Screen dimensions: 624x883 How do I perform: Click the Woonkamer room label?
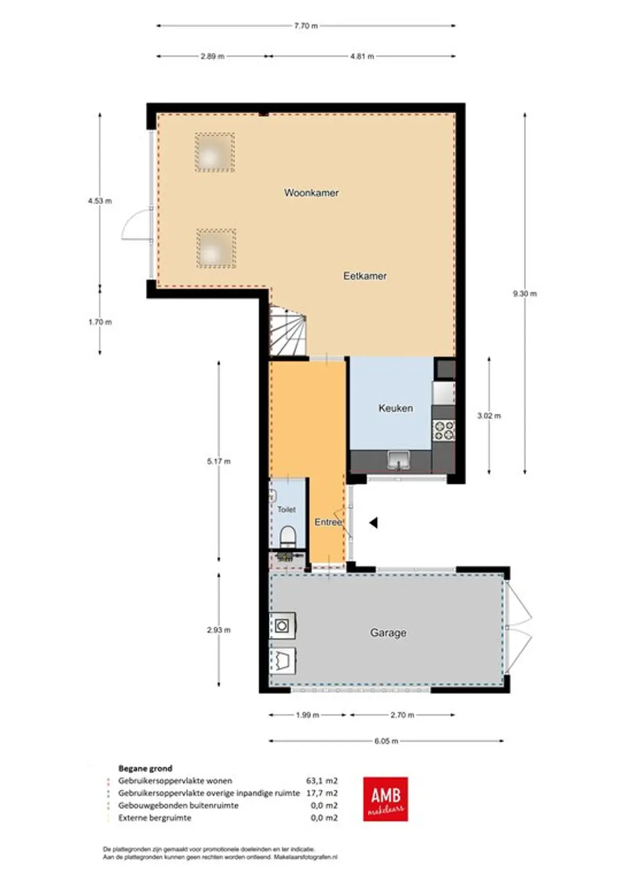[311, 193]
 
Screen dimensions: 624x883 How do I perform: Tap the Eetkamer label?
[365, 276]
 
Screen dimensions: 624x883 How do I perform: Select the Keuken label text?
[396, 408]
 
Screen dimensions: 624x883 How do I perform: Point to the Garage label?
[388, 632]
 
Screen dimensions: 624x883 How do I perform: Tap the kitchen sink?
[399, 461]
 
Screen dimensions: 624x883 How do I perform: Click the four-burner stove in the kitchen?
[444, 430]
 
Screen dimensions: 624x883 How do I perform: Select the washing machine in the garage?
[282, 626]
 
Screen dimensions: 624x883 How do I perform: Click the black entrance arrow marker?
[374, 523]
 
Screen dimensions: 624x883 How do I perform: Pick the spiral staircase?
[288, 331]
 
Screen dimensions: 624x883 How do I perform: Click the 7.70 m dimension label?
[306, 26]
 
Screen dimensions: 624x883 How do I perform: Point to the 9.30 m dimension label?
[525, 294]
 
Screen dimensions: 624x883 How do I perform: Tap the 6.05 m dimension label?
[386, 741]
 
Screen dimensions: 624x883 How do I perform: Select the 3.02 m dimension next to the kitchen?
[489, 416]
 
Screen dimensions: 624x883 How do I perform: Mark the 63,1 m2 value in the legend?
[322, 781]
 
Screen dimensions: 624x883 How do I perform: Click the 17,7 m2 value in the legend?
[322, 793]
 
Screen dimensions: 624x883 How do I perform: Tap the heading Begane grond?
[145, 768]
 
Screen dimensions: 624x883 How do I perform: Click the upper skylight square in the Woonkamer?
[215, 152]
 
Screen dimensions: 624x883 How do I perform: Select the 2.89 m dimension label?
[212, 56]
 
